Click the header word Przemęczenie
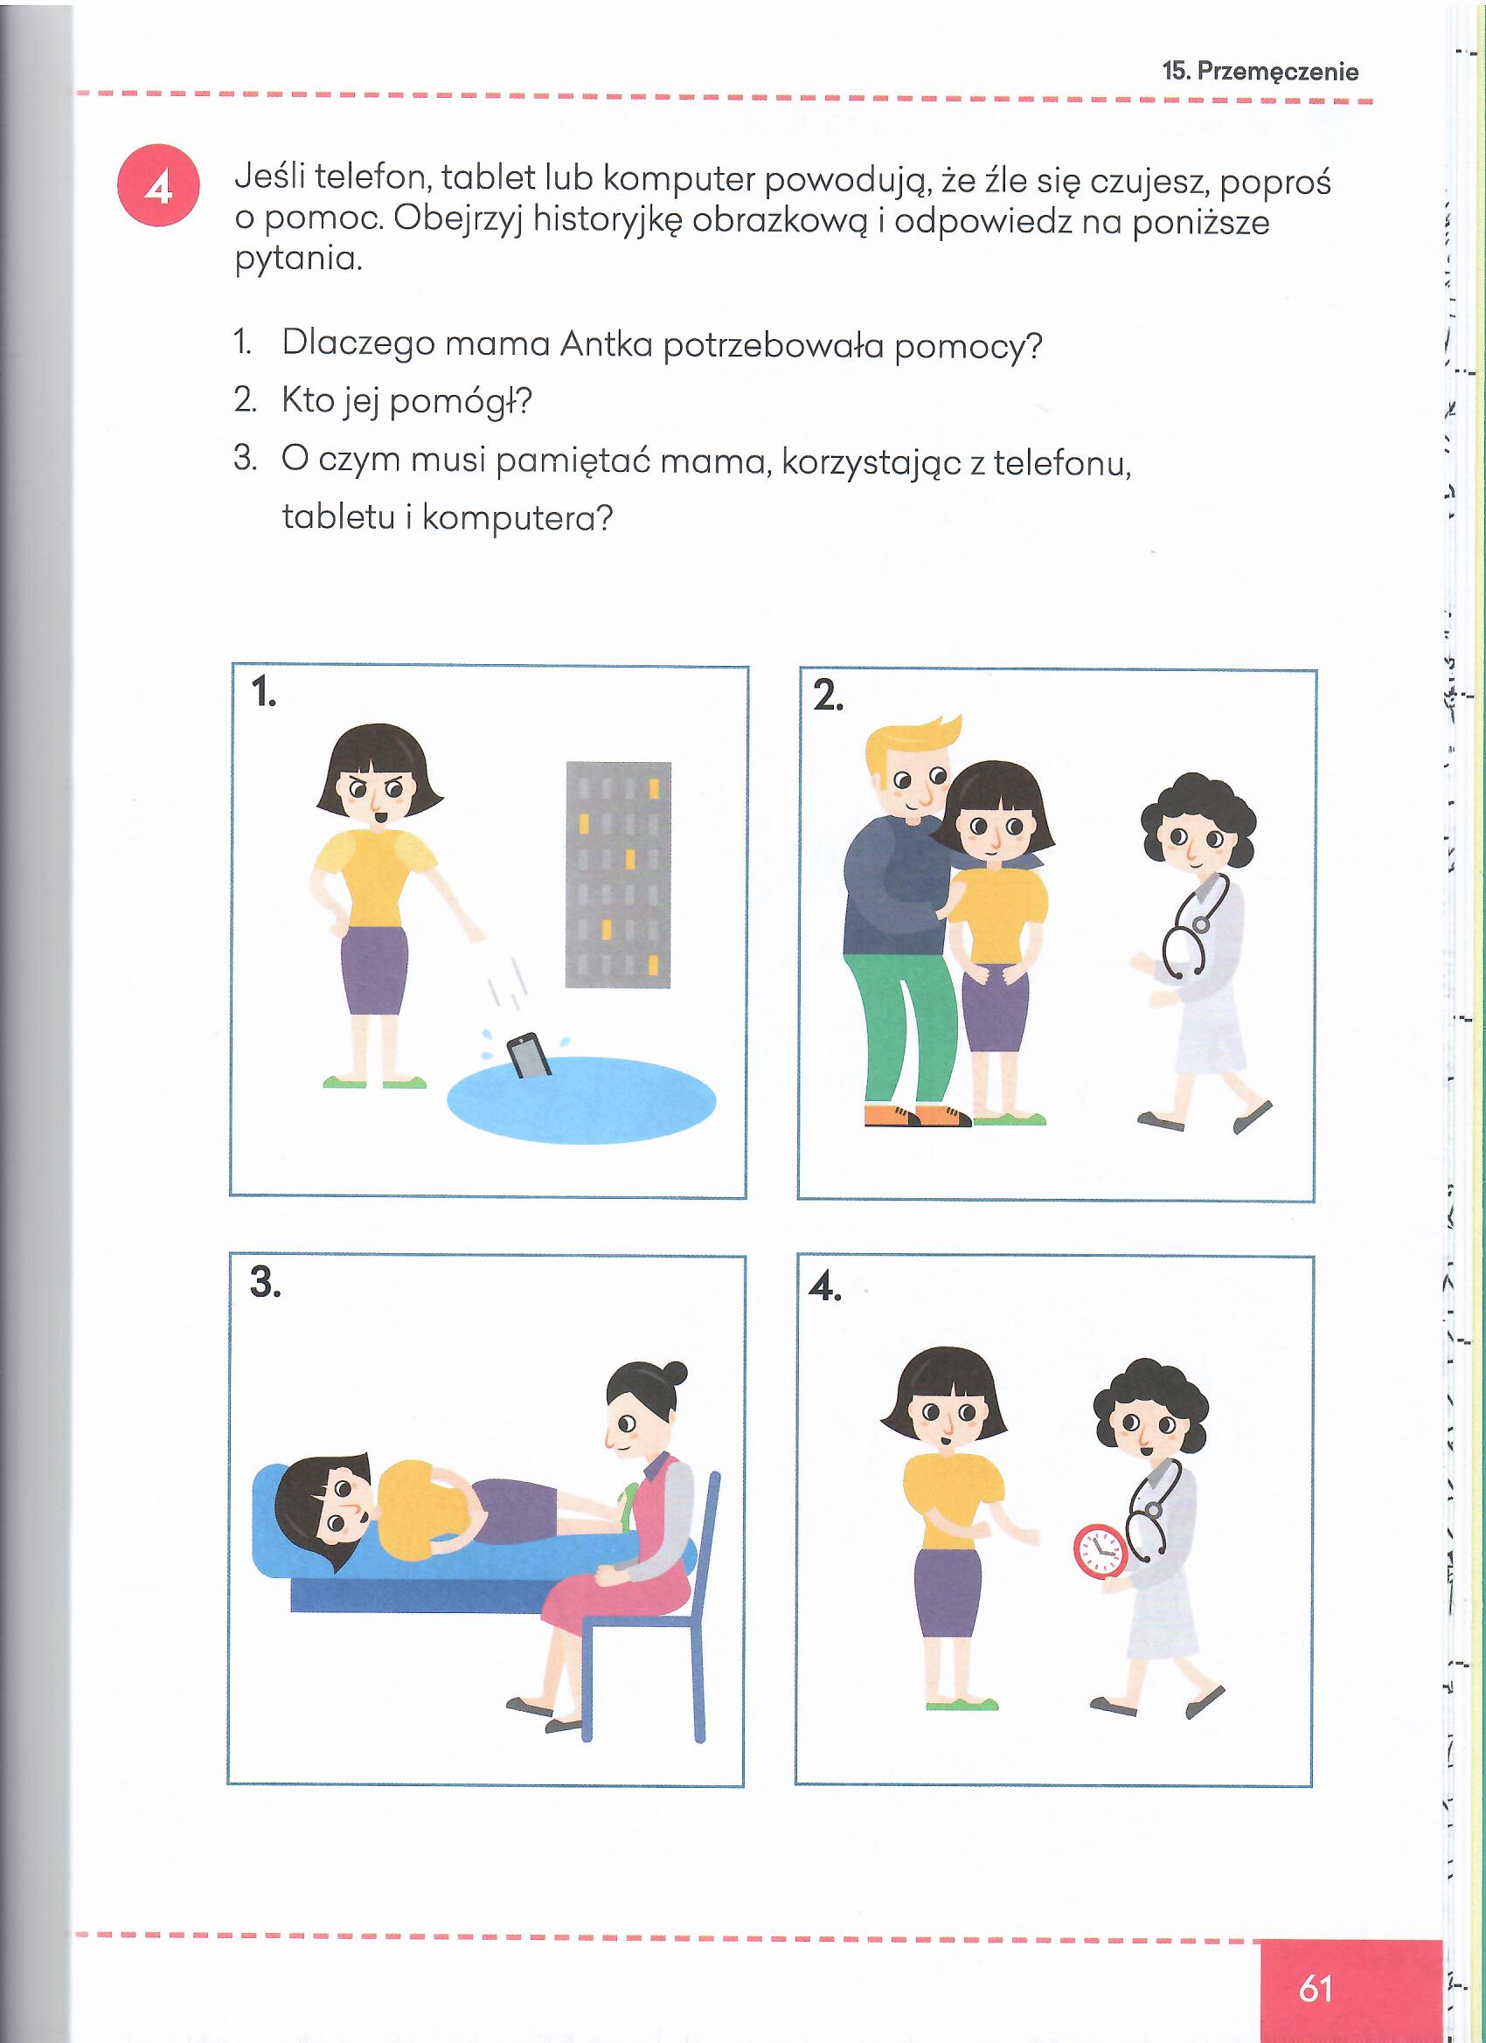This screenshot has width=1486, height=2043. click(x=1278, y=71)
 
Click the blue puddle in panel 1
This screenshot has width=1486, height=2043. click(x=582, y=1102)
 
